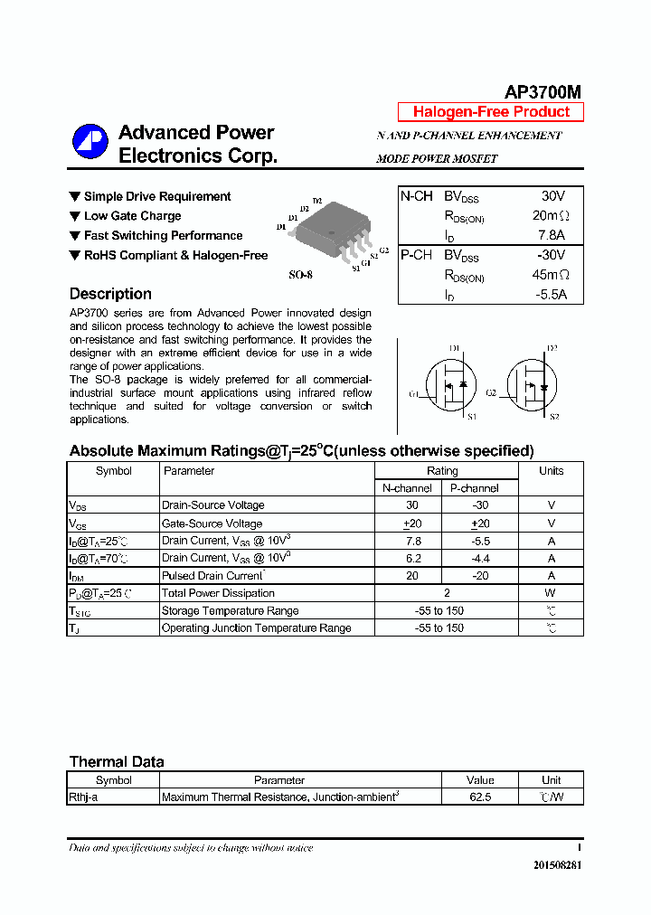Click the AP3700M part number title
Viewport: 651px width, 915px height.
[542, 92]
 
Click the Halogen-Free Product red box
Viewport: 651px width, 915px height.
[491, 112]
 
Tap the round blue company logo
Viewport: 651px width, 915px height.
[90, 141]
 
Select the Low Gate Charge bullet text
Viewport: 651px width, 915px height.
[132, 216]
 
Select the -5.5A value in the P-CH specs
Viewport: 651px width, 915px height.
[549, 295]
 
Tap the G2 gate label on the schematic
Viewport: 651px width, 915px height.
[491, 393]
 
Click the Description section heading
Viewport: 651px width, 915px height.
[110, 294]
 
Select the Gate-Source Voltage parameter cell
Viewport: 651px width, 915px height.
[212, 524]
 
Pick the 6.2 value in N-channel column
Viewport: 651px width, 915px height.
[413, 559]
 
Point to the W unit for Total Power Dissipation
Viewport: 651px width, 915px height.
[551, 593]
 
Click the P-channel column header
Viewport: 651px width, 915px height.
[474, 488]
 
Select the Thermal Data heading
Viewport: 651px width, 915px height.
[117, 761]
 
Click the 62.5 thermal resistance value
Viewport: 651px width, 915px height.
[480, 797]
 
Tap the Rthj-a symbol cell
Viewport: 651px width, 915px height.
[84, 797]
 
